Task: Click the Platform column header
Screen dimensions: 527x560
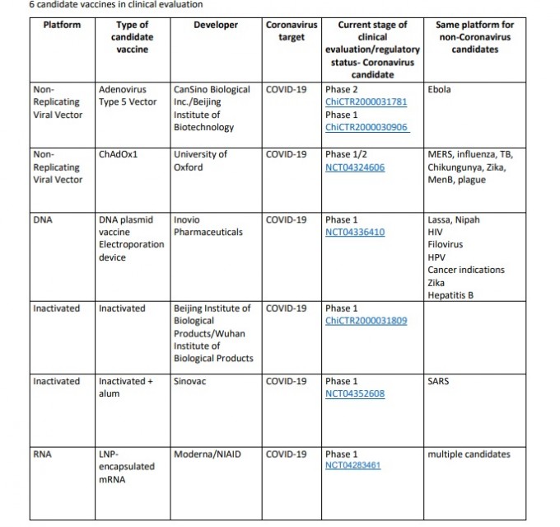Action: pos(62,25)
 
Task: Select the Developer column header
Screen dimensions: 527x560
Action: pos(216,25)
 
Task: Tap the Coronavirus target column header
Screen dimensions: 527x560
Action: pos(292,31)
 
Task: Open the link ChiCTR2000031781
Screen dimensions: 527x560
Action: pos(366,102)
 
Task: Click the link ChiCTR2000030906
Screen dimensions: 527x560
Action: pos(366,128)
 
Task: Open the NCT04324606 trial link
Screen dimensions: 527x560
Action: pos(355,167)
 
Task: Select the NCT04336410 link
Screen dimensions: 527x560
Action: pos(355,233)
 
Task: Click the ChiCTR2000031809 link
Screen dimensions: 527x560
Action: pos(366,321)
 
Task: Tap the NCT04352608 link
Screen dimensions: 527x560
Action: pos(355,393)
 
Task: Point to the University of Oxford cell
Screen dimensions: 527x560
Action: pos(200,160)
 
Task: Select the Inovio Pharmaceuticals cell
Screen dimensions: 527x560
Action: pos(208,226)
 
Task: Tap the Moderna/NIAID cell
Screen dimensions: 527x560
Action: pos(208,454)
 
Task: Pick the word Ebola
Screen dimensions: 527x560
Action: pos(440,89)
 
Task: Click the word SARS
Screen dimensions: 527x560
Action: pos(438,381)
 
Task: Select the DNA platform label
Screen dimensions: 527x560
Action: pos(42,220)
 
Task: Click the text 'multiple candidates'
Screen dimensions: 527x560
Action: pos(469,454)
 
